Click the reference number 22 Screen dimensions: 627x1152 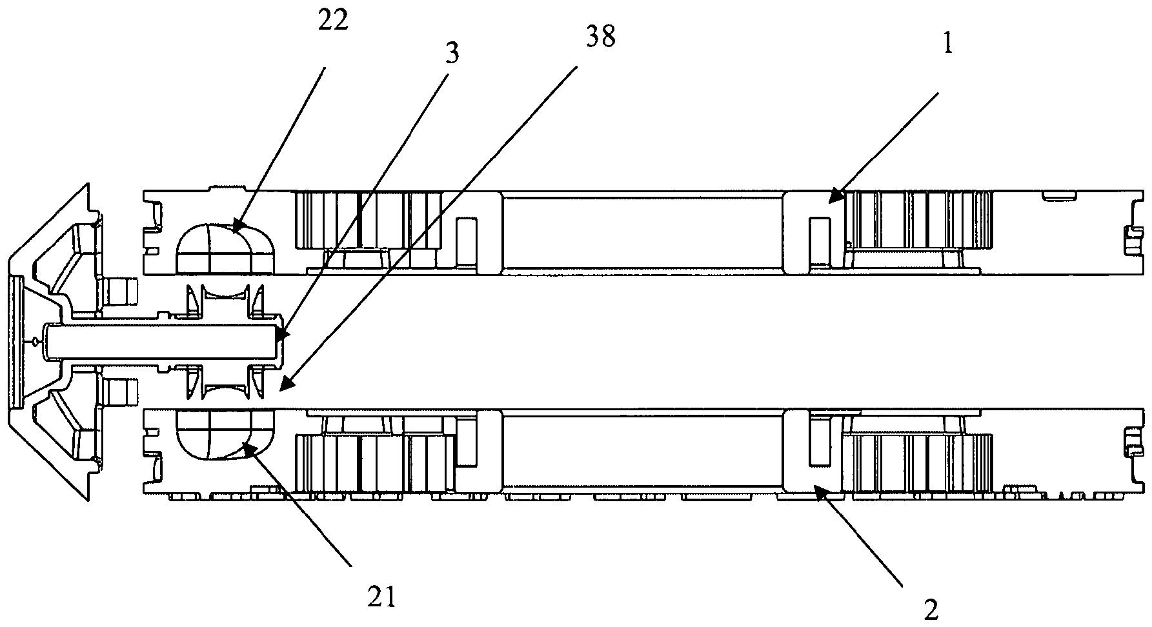click(x=333, y=21)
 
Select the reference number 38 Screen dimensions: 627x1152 click(x=600, y=39)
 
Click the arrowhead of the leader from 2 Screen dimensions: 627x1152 click(x=814, y=489)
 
